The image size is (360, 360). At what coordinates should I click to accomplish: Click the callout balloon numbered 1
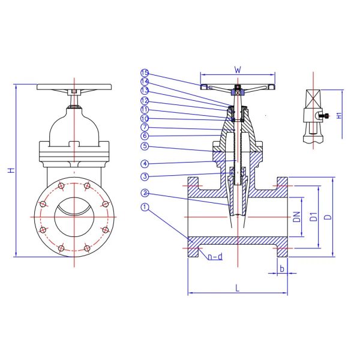tap(144, 208)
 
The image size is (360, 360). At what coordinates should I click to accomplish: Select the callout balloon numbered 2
tap(144, 193)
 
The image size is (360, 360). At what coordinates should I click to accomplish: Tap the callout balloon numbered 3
tap(144, 176)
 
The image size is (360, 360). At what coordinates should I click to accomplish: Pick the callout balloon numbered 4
tap(144, 163)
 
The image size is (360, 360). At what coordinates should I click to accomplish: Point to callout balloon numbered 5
tap(144, 146)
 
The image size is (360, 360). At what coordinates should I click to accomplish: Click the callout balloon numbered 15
tap(144, 74)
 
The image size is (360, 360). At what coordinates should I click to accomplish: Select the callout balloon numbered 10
tap(144, 119)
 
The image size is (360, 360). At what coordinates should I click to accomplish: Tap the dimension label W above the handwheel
tap(238, 70)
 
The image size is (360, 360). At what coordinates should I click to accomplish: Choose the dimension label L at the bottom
tap(238, 288)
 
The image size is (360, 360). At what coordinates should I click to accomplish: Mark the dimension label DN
tap(296, 217)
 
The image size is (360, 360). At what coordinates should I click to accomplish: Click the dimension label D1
tap(313, 217)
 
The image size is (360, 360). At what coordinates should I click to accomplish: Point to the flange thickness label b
tap(281, 268)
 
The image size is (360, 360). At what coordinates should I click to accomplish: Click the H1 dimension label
tap(340, 115)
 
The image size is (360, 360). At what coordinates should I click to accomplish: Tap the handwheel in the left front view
tap(74, 88)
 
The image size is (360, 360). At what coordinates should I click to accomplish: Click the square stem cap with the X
tap(314, 98)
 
